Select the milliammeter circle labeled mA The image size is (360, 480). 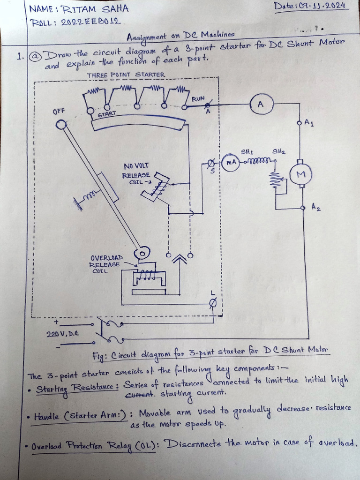[x=230, y=162]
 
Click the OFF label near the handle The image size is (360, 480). [x=59, y=111]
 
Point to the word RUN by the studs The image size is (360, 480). [x=198, y=99]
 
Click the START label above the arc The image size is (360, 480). [x=106, y=114]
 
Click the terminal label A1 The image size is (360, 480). [x=309, y=123]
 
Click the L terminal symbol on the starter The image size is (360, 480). [x=213, y=303]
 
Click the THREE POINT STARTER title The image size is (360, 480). [x=126, y=75]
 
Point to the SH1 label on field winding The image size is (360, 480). [x=247, y=152]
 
